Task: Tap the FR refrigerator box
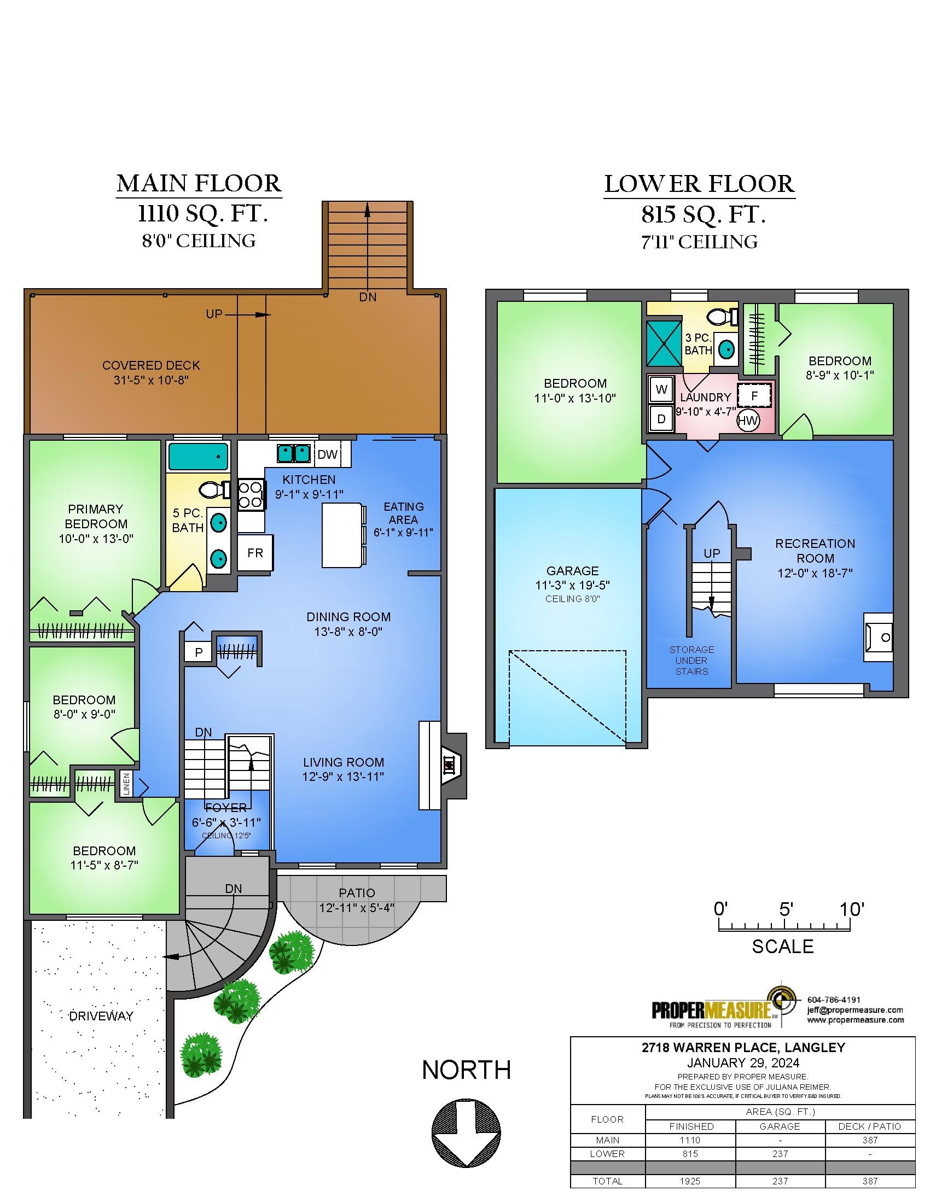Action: pos(255,552)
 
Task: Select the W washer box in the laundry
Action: pos(662,389)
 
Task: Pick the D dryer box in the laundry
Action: pos(662,419)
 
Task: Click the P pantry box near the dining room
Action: pos(199,652)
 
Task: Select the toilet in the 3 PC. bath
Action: pos(723,317)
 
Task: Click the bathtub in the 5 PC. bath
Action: pos(199,457)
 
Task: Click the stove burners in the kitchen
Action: pos(251,495)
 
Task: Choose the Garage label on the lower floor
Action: pos(572,571)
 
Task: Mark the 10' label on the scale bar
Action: pos(852,909)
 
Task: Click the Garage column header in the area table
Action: pos(780,1126)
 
